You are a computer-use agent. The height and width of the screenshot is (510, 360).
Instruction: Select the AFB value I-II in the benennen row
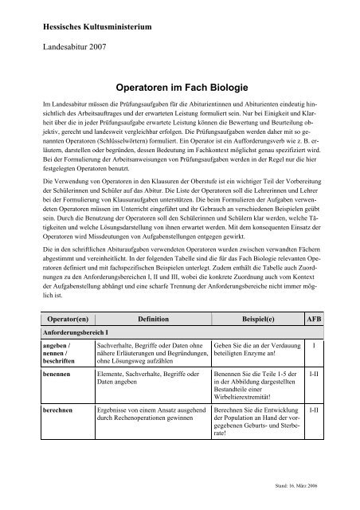click(x=315, y=374)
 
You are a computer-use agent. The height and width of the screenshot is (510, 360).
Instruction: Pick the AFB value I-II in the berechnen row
click(x=315, y=409)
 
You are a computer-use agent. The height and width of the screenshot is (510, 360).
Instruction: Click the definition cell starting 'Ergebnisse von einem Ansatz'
click(x=151, y=414)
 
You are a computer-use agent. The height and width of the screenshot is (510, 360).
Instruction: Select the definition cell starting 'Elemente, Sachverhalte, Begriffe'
click(x=150, y=379)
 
